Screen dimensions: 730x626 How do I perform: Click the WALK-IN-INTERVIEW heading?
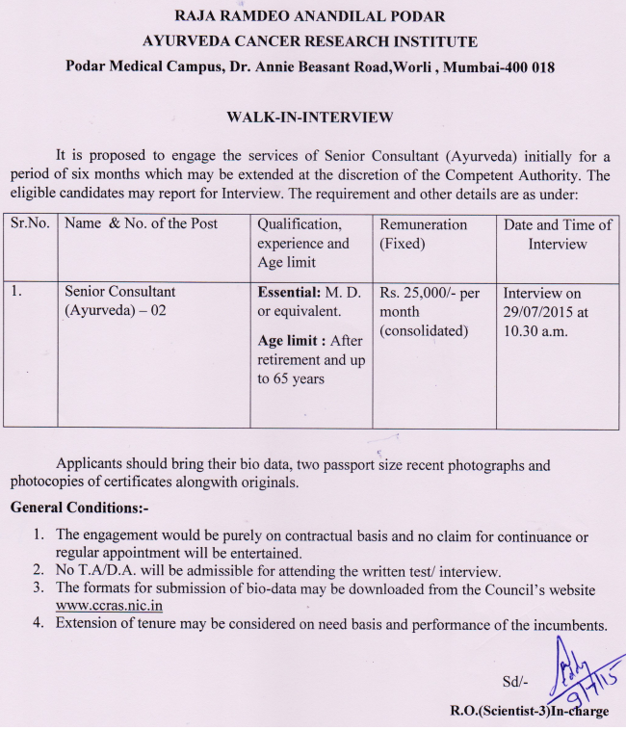click(309, 117)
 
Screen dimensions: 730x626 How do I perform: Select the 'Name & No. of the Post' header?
click(142, 223)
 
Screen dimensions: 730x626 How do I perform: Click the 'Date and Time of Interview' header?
click(558, 234)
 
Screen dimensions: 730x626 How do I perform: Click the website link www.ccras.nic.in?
click(109, 606)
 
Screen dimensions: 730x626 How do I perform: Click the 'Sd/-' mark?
click(515, 682)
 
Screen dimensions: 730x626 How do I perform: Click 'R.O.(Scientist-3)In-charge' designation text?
click(529, 712)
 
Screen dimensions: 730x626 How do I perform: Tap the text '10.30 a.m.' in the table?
click(536, 331)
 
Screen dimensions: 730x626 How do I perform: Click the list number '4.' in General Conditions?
click(39, 624)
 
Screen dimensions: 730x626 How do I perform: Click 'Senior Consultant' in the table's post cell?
click(119, 292)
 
